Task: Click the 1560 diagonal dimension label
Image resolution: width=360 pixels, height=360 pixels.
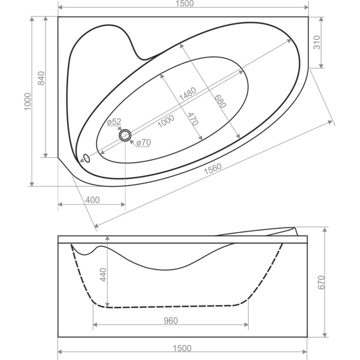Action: [213, 169]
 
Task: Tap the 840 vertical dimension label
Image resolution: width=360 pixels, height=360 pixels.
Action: [41, 78]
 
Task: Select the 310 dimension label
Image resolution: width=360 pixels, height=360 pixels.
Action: [317, 43]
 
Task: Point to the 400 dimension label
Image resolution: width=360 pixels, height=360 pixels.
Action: [92, 200]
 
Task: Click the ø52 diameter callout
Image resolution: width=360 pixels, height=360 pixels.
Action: [114, 122]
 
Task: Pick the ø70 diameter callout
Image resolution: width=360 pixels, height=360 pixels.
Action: [143, 142]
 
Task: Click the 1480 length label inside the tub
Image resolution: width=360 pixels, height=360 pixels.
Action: [188, 94]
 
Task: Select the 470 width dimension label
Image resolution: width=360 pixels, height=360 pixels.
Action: [193, 119]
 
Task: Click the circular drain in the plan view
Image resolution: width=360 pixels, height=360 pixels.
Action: [125, 135]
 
